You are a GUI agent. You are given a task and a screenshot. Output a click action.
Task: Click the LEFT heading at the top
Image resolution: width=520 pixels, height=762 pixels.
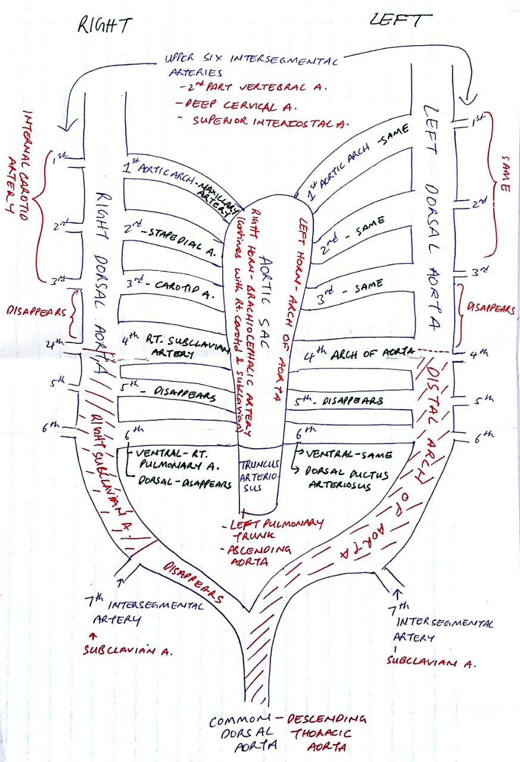pyautogui.click(x=400, y=21)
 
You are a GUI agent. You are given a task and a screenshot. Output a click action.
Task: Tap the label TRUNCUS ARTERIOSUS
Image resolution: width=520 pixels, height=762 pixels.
pyautogui.click(x=259, y=477)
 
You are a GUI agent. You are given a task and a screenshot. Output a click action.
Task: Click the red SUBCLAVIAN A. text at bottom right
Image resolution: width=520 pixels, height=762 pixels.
pyautogui.click(x=432, y=661)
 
